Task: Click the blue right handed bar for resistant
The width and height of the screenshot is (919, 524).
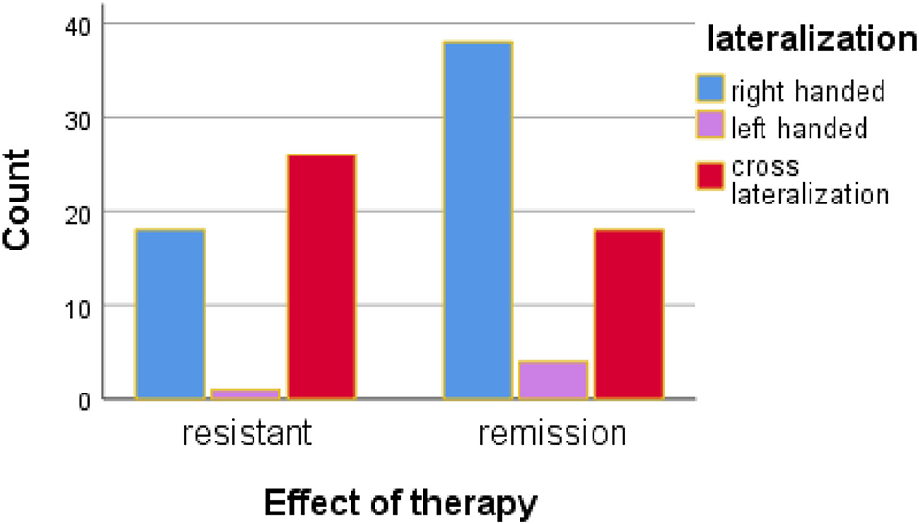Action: click(x=170, y=314)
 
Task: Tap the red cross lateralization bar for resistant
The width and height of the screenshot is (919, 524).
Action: click(x=322, y=276)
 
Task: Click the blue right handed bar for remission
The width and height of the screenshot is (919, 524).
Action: click(x=476, y=221)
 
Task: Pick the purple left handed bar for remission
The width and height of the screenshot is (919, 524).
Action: click(x=552, y=380)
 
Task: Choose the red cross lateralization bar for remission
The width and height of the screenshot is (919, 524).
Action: click(x=628, y=314)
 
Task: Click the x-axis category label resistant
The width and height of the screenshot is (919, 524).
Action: click(x=247, y=435)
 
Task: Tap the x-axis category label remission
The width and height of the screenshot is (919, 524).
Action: click(x=552, y=435)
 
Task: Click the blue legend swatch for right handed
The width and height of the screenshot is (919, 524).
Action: click(x=710, y=91)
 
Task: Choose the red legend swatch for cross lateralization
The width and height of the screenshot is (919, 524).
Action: click(x=710, y=178)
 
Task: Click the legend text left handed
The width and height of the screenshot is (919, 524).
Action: click(x=799, y=128)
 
